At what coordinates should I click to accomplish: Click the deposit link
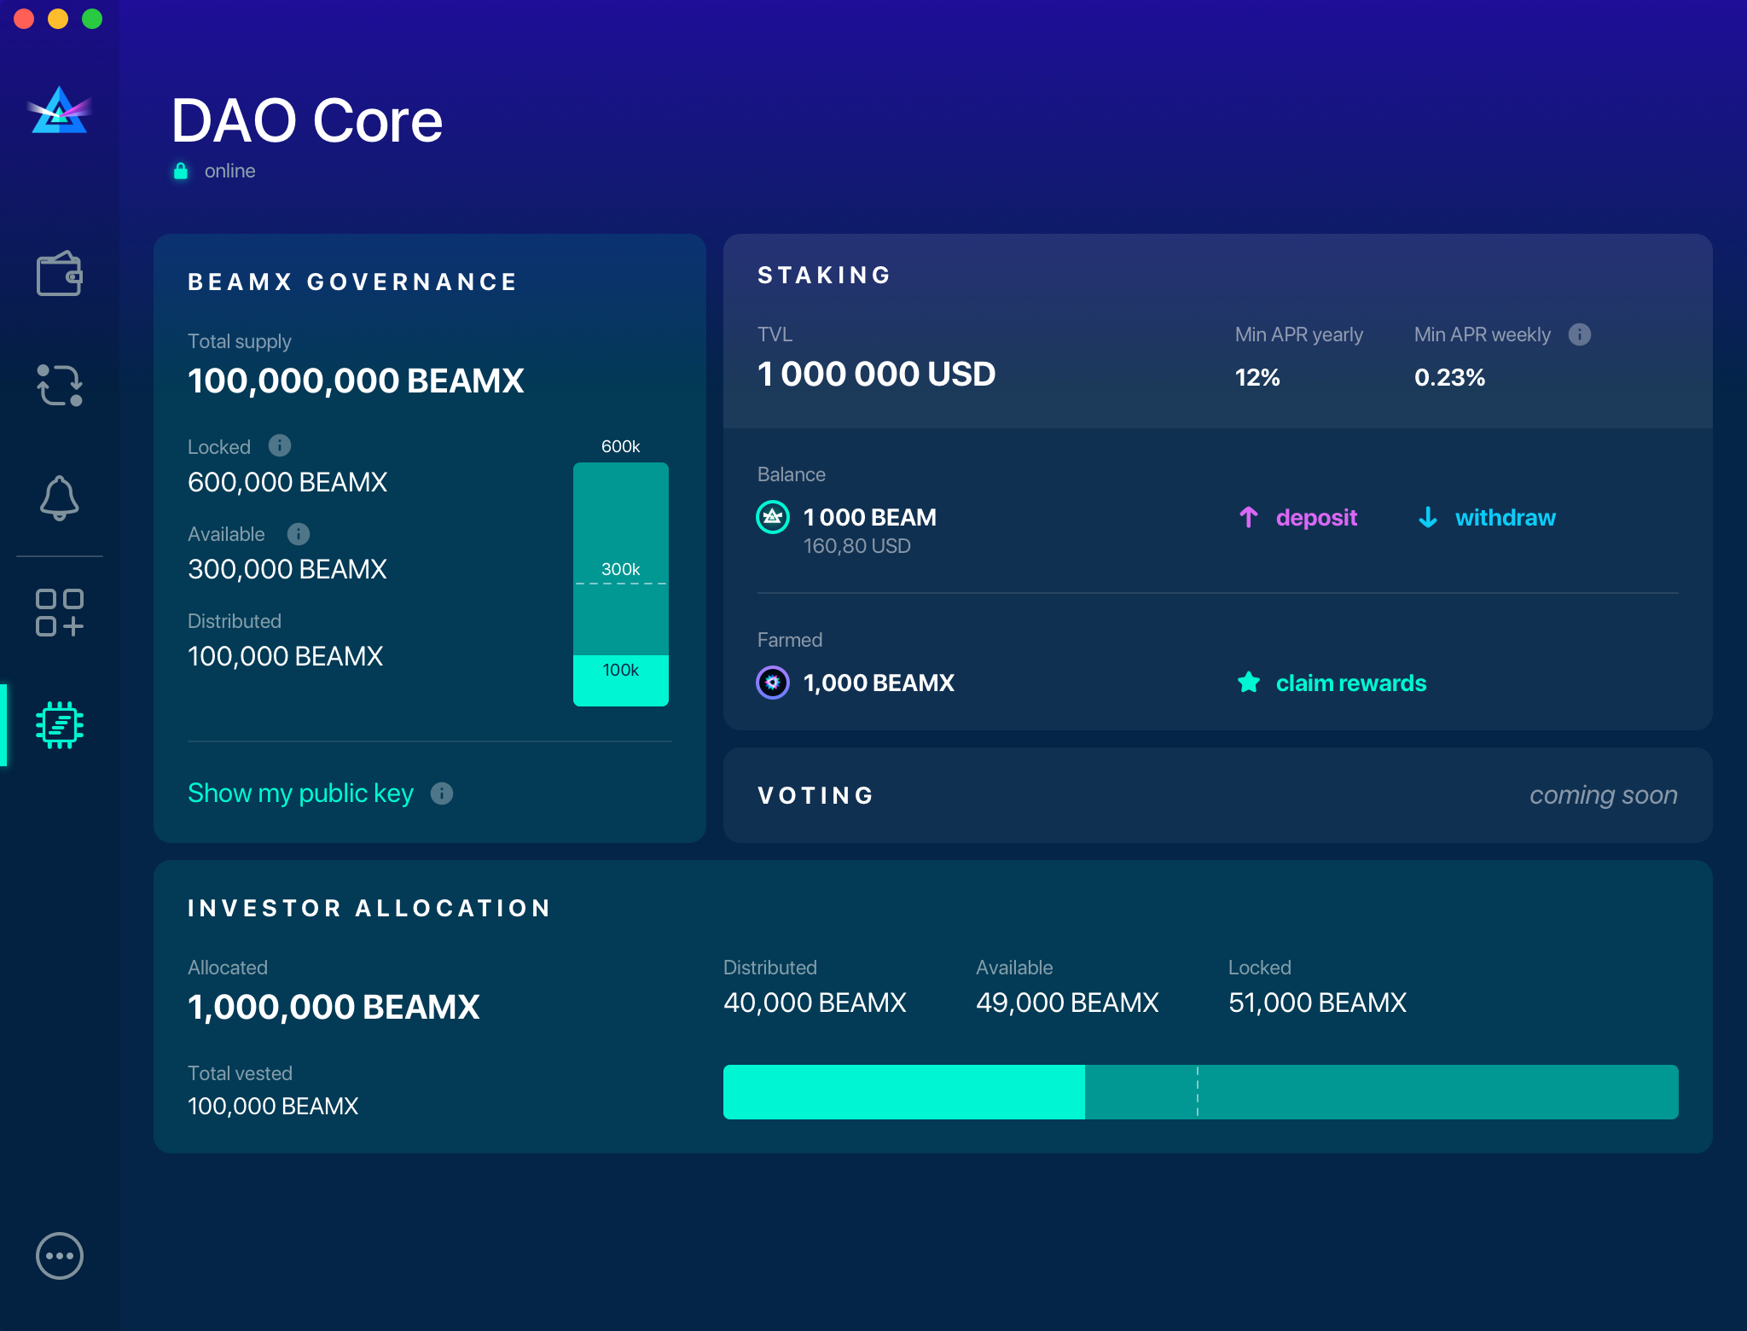point(1315,518)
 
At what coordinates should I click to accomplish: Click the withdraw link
point(1504,518)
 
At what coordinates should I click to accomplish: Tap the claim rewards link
point(1349,683)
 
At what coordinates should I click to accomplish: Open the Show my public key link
point(300,793)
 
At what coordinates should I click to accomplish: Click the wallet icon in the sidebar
point(59,274)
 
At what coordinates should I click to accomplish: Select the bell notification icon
point(59,497)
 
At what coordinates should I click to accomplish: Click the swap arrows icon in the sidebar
point(59,386)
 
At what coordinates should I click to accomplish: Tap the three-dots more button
point(59,1256)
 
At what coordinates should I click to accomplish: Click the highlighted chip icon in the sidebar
point(59,725)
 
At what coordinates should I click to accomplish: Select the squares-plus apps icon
point(59,613)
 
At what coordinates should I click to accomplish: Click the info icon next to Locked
point(280,445)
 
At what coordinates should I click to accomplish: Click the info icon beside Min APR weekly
point(1580,334)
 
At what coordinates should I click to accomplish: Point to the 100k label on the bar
point(621,671)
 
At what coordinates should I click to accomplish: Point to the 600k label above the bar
point(621,446)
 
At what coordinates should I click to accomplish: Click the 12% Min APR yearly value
point(1257,377)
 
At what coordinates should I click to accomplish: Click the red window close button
point(24,19)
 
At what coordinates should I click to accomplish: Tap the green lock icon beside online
point(181,171)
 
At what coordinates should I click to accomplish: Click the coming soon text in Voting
point(1603,795)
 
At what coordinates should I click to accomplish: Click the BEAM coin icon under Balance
point(773,517)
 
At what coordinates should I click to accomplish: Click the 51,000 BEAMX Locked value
point(1317,1003)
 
